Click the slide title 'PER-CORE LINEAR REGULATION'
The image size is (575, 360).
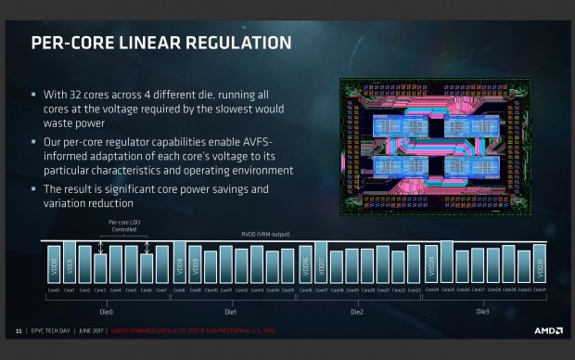pos(161,43)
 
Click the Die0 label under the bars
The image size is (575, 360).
pos(106,312)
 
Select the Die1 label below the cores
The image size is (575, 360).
pos(232,312)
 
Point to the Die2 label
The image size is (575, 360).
pos(357,312)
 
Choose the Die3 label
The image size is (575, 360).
pos(482,312)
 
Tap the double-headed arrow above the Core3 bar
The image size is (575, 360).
pos(100,248)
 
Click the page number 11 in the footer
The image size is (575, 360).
pos(18,330)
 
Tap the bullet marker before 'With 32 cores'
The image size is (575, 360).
pos(34,94)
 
